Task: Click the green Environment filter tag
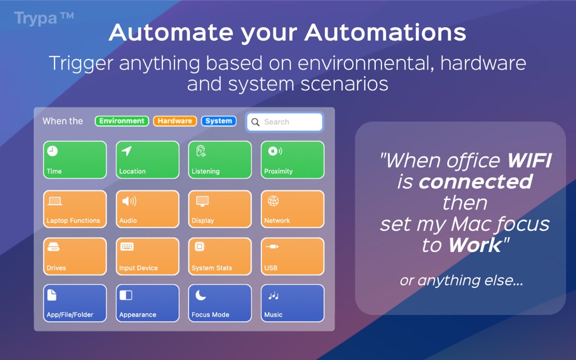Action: click(x=122, y=121)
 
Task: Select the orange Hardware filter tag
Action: click(x=175, y=121)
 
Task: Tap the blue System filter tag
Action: click(x=218, y=121)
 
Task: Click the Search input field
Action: click(x=285, y=122)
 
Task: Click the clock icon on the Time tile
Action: click(x=52, y=151)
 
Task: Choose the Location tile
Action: click(x=147, y=160)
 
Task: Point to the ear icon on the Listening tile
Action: click(x=201, y=151)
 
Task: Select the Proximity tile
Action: click(x=292, y=160)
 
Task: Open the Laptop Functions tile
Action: click(x=75, y=209)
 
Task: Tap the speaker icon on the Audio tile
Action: click(x=129, y=201)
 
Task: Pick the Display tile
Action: click(x=220, y=209)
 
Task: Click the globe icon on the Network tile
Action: click(x=273, y=201)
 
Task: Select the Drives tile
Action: click(x=75, y=256)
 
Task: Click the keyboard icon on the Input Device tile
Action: click(x=127, y=247)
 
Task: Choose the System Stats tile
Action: click(x=220, y=256)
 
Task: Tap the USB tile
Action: click(x=292, y=256)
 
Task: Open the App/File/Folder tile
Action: click(x=75, y=303)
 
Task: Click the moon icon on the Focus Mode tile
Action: click(x=201, y=295)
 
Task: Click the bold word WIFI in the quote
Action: click(x=529, y=160)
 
